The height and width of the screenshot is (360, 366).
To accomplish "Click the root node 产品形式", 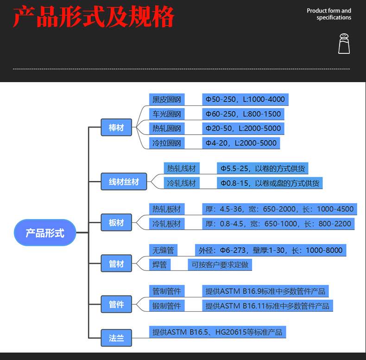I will coord(44,232).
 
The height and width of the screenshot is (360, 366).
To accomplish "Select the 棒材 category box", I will coord(116,128).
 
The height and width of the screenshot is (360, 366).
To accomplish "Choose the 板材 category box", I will coord(116,223).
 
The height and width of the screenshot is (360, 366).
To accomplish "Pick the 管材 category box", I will coord(116,264).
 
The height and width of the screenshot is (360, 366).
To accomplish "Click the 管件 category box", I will coord(116,304).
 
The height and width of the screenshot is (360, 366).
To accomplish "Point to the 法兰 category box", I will coord(116,338).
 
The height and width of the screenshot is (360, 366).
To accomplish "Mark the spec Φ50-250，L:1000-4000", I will coord(245,99).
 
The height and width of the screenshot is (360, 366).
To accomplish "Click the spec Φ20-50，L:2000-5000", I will coord(243,129).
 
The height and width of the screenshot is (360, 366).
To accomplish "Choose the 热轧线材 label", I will coord(181,168).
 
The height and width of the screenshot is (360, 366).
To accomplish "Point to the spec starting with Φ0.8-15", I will coord(269,183).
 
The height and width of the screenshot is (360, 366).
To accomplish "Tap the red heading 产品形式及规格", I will coord(94,17).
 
